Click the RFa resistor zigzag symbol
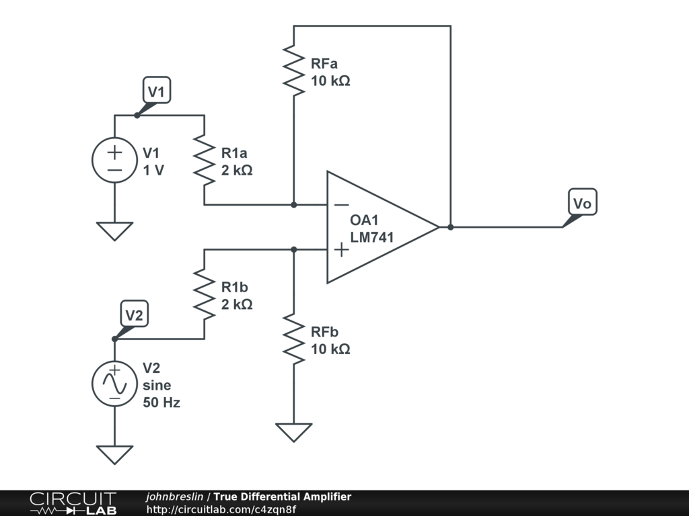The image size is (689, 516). pos(293,70)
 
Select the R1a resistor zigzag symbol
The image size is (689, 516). pos(205,160)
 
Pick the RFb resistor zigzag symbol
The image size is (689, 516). pos(293,339)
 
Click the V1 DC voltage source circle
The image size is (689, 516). pos(114,160)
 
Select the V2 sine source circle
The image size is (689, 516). pos(114,384)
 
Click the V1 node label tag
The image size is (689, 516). pos(156,91)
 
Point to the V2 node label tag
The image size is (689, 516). pos(134,314)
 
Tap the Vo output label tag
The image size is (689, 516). pos(582,202)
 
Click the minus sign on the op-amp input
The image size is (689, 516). pos(341,204)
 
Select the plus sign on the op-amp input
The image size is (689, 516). pos(341,250)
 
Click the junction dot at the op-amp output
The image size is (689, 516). pos(450,227)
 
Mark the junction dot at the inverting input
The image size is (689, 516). pos(293,204)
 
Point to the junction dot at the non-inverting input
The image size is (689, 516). pos(293,250)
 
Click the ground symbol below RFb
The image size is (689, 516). pos(293,432)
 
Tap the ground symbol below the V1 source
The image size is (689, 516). pos(114,231)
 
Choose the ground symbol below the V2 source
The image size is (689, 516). pos(114,455)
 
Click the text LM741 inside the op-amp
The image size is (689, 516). pos(371,237)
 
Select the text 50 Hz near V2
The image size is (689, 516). pos(161,402)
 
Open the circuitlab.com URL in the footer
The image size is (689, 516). pos(221,509)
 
